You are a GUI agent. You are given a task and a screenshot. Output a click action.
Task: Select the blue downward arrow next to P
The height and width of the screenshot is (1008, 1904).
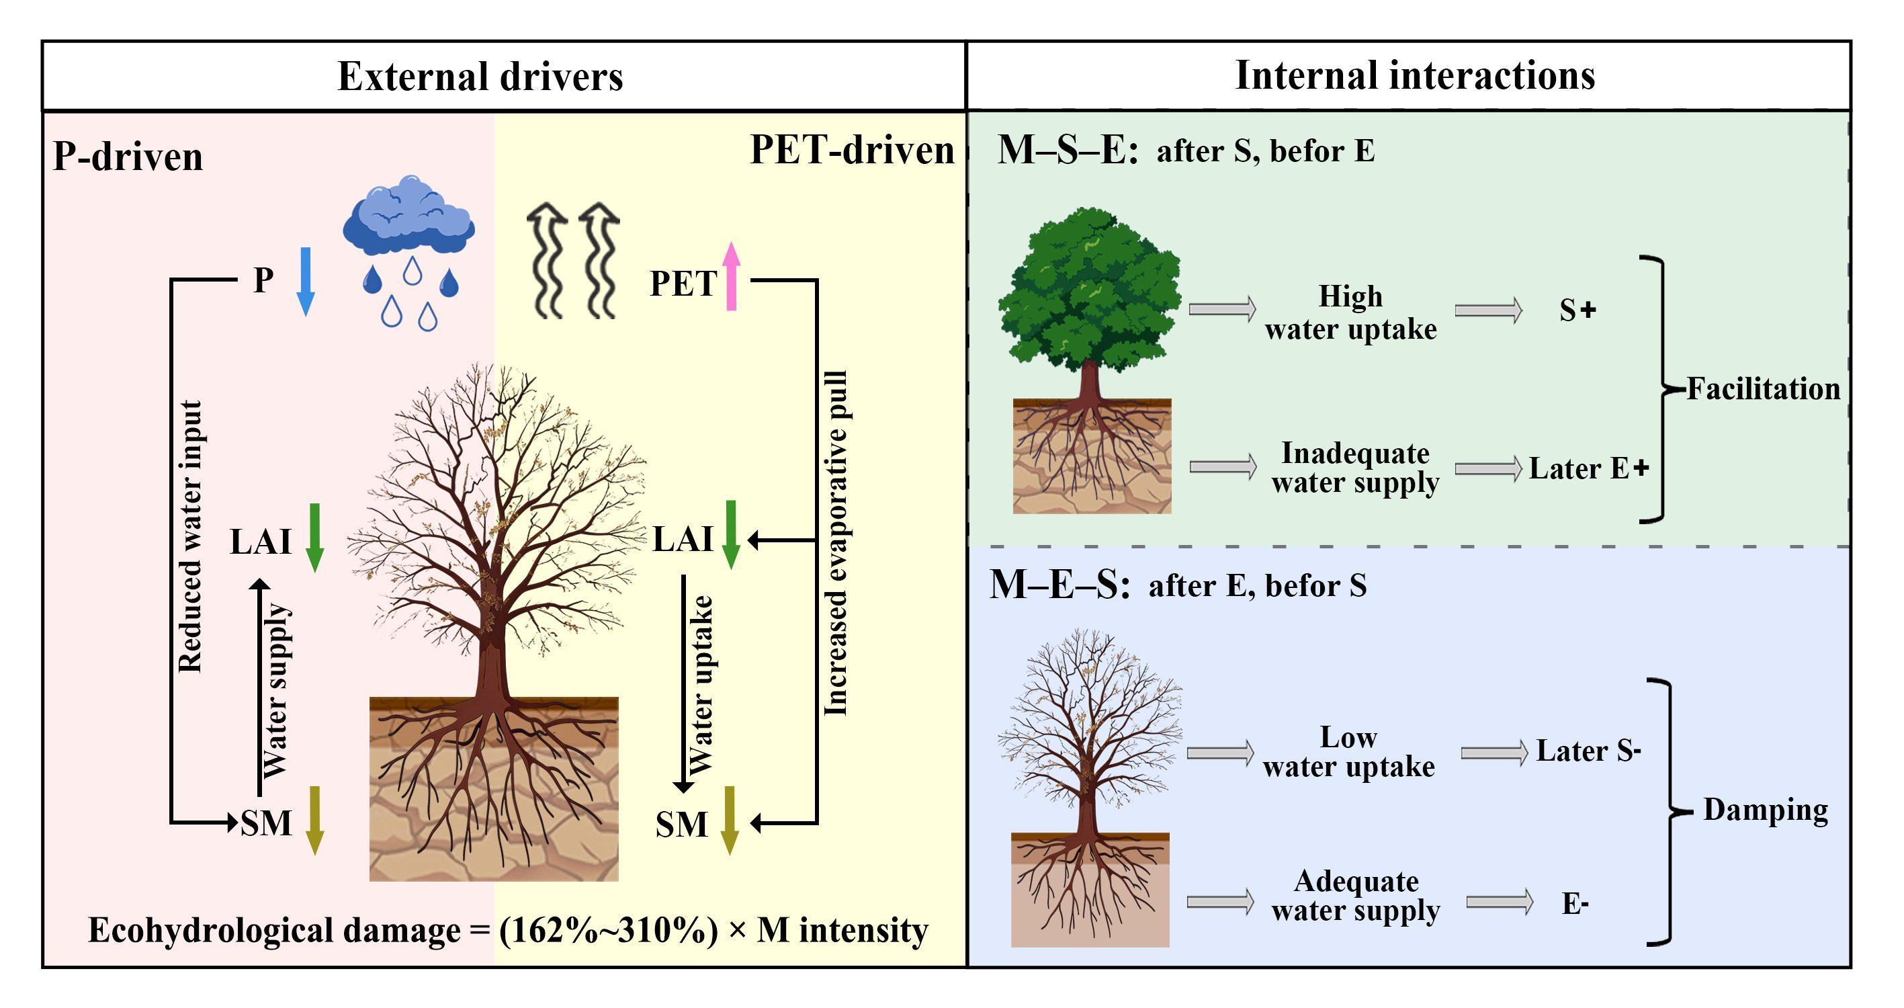pyautogui.click(x=305, y=281)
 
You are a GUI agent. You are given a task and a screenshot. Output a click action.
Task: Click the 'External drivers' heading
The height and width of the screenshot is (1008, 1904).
pyautogui.click(x=480, y=76)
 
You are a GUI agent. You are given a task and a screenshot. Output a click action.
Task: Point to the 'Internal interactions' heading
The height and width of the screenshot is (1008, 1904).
pyautogui.click(x=1415, y=75)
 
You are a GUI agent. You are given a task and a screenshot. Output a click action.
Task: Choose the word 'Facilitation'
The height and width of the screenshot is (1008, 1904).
pyautogui.click(x=1763, y=389)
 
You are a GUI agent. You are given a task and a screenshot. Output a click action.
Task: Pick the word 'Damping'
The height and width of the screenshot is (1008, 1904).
pyautogui.click(x=1765, y=810)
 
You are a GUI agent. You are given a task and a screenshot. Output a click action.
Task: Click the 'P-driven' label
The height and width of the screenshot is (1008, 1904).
pyautogui.click(x=128, y=157)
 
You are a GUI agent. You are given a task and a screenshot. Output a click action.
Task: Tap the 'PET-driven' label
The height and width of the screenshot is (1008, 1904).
pyautogui.click(x=851, y=150)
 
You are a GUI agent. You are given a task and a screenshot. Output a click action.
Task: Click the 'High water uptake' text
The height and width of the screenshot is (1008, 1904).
pyautogui.click(x=1350, y=312)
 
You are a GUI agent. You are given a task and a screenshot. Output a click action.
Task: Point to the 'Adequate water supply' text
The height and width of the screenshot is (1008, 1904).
pyautogui.click(x=1356, y=896)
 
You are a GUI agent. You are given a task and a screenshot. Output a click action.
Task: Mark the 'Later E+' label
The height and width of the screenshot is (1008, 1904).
pyautogui.click(x=1588, y=468)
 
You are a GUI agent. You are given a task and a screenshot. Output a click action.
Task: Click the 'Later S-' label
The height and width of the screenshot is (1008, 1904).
pyautogui.click(x=1588, y=751)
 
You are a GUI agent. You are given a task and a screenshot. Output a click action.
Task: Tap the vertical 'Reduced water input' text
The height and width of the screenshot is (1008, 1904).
pyautogui.click(x=191, y=537)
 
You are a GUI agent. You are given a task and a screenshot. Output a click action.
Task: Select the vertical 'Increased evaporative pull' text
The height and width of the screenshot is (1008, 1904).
pyautogui.click(x=836, y=544)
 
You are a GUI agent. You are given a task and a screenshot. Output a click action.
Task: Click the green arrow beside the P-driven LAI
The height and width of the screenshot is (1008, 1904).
pyautogui.click(x=315, y=538)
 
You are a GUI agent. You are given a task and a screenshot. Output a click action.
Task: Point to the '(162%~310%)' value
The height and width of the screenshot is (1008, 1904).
pyautogui.click(x=608, y=930)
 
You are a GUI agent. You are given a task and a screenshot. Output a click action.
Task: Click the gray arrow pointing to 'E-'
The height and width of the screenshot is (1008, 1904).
pyautogui.click(x=1500, y=902)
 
